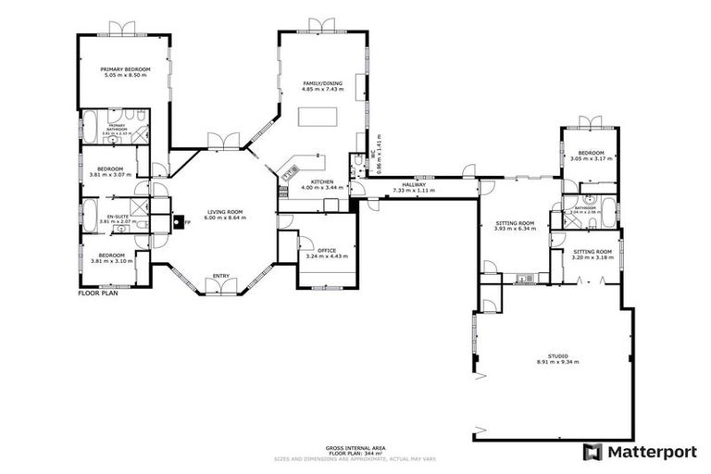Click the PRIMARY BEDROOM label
(x=125, y=69)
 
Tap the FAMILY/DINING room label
(x=322, y=83)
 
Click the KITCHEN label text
(x=321, y=181)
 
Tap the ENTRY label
(x=221, y=275)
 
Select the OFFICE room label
(x=326, y=250)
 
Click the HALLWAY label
(x=414, y=184)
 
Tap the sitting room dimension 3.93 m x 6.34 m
(x=515, y=229)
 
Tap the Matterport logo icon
(x=592, y=452)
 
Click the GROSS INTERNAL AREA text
(x=344, y=447)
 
